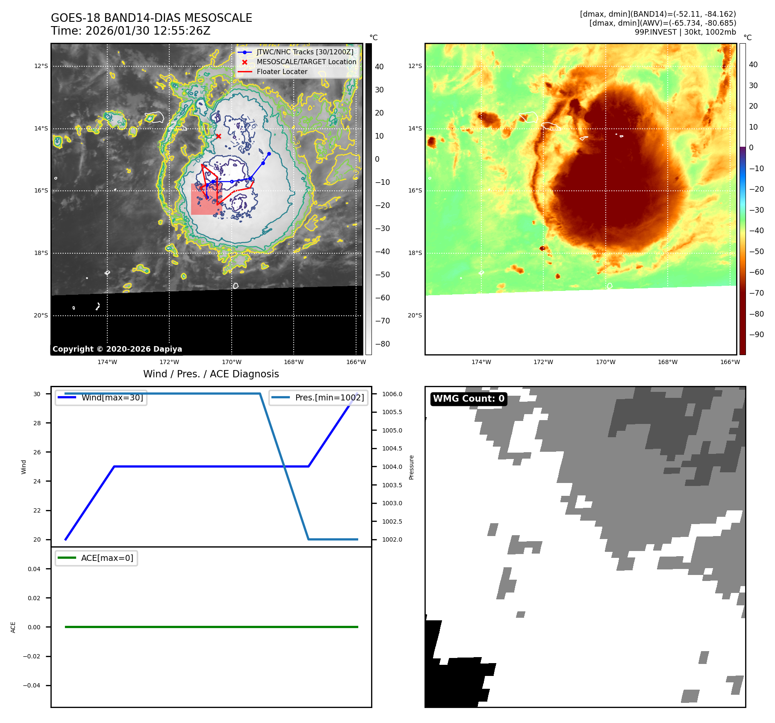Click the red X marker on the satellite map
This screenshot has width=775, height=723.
click(218, 136)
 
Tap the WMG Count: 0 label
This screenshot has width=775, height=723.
click(469, 399)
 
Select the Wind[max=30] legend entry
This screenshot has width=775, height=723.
click(112, 397)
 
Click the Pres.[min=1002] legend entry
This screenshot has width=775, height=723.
click(329, 397)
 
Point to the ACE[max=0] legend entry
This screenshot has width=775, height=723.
click(107, 558)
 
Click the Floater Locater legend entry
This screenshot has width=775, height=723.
click(282, 72)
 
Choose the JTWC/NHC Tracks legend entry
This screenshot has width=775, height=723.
click(305, 52)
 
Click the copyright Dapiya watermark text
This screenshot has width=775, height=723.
click(117, 349)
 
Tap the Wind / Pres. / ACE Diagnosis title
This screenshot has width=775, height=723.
click(211, 374)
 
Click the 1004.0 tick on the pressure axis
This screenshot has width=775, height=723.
click(392, 467)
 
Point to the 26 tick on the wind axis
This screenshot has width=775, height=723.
click(37, 452)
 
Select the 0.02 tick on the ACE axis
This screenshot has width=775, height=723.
click(34, 598)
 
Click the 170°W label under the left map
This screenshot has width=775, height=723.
click(232, 362)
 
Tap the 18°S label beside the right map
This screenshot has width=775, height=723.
click(415, 253)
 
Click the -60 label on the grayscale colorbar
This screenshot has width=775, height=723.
click(382, 298)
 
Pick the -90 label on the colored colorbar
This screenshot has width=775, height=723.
click(756, 335)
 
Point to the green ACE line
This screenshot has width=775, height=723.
click(211, 627)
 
